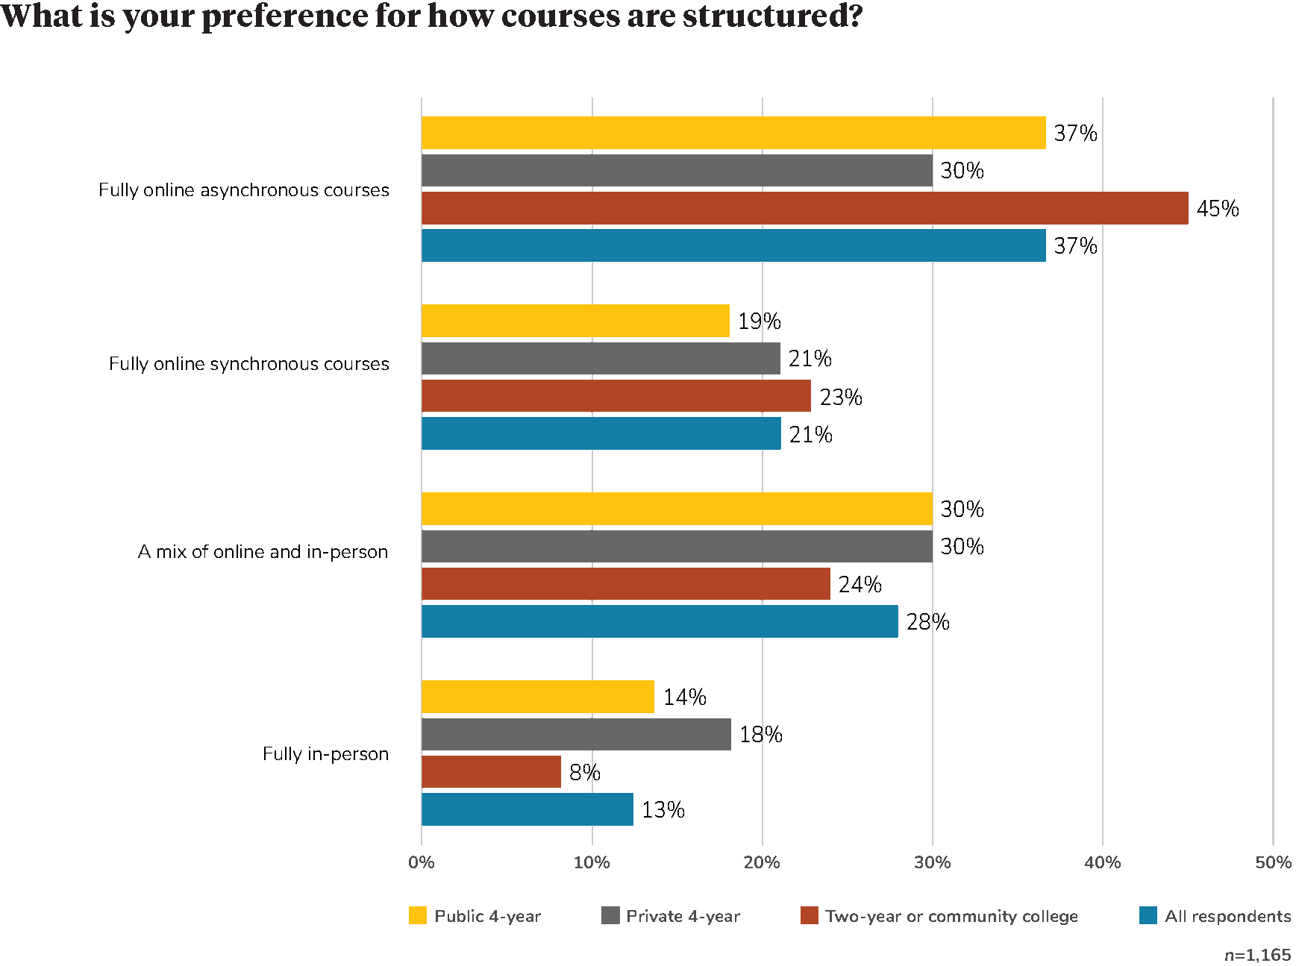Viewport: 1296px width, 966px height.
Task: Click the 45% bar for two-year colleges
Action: pyautogui.click(x=804, y=208)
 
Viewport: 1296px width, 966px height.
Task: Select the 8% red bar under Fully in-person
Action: pyautogui.click(x=491, y=772)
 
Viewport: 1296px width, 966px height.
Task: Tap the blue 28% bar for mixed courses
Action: pyautogui.click(x=660, y=621)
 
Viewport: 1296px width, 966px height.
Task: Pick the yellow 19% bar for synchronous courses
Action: pyautogui.click(x=575, y=321)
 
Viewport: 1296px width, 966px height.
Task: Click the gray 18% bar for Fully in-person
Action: pyautogui.click(x=576, y=735)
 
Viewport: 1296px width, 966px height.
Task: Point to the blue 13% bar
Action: pyautogui.click(x=528, y=809)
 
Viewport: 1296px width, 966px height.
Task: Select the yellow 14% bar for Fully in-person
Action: pyautogui.click(x=538, y=697)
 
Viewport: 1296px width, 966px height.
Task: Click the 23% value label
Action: pyautogui.click(x=841, y=398)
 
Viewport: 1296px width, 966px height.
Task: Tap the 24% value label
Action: pyautogui.click(x=860, y=585)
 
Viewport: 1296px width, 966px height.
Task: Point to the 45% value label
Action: pyautogui.click(x=1218, y=209)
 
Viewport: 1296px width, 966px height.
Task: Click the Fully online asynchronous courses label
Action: pyautogui.click(x=244, y=190)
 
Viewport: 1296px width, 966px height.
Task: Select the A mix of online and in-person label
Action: pyautogui.click(x=263, y=552)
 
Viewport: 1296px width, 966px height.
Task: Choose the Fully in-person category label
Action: pyautogui.click(x=325, y=754)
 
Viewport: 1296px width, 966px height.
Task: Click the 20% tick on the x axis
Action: pyautogui.click(x=762, y=863)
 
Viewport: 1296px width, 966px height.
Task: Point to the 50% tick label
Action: pyautogui.click(x=1273, y=863)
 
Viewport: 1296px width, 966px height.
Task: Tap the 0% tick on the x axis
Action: pyautogui.click(x=422, y=863)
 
